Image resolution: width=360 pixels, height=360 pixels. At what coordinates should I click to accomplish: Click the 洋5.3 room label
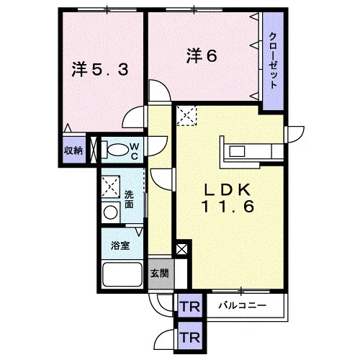click(100, 69)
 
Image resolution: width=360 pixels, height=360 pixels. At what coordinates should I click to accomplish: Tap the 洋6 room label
click(202, 56)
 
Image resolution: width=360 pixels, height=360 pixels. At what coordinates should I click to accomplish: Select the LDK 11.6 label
click(228, 198)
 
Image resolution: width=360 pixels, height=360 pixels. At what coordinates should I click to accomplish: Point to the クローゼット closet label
click(273, 61)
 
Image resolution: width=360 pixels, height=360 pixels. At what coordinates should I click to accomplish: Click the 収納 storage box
click(73, 150)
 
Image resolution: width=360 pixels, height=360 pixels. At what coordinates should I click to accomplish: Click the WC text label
click(135, 151)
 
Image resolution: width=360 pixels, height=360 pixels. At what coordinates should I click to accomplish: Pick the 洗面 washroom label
click(129, 199)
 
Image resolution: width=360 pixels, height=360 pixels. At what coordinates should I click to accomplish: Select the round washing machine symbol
click(110, 212)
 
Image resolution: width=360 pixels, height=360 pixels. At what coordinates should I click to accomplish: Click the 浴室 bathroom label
click(120, 246)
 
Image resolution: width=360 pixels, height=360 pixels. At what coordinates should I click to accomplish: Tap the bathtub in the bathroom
click(122, 274)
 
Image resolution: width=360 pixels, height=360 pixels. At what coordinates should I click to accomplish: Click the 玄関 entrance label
click(160, 274)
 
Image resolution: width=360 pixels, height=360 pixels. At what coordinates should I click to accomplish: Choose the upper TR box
click(190, 307)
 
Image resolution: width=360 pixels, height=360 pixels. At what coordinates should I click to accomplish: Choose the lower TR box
click(190, 337)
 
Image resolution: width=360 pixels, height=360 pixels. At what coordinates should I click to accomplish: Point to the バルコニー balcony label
click(243, 305)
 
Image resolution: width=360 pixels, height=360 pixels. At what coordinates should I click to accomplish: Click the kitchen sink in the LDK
click(237, 151)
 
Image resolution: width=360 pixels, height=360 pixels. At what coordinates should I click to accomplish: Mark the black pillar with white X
click(181, 250)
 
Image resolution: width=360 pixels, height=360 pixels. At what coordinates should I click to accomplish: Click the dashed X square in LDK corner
click(186, 116)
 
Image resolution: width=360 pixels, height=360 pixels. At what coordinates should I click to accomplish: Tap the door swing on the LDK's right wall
click(294, 135)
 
